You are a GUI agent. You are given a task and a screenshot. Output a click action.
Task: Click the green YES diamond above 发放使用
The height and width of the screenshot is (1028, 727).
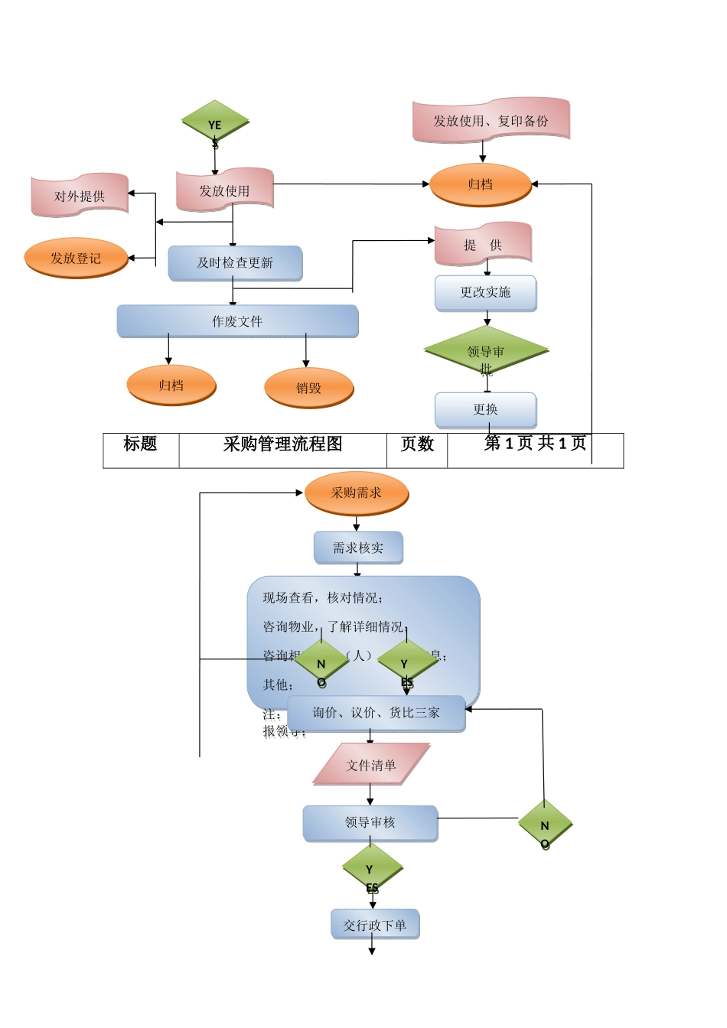(x=215, y=122)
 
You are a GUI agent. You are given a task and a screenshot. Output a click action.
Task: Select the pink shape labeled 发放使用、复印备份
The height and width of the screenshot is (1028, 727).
(x=491, y=120)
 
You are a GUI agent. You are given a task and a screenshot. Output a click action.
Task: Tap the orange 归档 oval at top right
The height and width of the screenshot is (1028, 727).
(x=481, y=184)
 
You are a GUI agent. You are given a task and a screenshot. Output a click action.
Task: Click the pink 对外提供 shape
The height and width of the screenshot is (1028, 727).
(x=80, y=196)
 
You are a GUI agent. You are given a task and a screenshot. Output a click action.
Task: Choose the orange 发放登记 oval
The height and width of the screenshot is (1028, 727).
(x=76, y=259)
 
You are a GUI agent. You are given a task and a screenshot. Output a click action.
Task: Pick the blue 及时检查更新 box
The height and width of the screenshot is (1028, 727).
(x=235, y=263)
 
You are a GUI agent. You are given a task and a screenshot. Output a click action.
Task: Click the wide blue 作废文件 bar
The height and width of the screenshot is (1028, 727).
(x=237, y=321)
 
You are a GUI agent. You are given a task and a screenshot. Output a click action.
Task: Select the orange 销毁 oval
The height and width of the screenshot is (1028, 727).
(x=309, y=388)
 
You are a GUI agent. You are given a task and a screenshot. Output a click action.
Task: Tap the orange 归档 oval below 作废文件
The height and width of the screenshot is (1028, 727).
(x=171, y=385)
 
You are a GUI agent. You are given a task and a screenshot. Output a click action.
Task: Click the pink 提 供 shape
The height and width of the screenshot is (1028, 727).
(x=483, y=245)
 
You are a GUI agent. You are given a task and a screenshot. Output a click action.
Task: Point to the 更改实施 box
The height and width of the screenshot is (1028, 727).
(x=485, y=292)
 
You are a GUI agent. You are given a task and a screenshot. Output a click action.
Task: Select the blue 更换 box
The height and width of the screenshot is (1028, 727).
(x=485, y=410)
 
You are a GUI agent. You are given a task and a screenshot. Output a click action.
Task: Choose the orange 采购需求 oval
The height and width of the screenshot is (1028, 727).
(x=357, y=493)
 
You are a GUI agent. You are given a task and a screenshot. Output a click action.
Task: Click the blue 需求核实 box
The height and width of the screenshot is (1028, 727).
(x=357, y=548)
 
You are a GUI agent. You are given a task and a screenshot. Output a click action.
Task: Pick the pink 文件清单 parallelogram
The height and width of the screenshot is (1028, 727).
(x=371, y=765)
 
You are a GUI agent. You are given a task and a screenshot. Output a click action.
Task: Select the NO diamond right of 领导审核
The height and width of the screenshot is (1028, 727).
(x=545, y=825)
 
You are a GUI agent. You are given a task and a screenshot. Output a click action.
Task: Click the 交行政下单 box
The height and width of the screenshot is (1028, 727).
(x=375, y=925)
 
